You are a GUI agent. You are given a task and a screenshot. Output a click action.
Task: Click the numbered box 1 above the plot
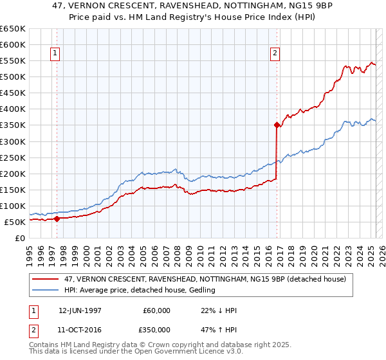[55, 54]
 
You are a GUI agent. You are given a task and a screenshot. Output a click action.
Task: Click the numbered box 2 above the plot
[275, 54]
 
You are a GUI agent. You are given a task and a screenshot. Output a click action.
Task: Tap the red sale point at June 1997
[57, 219]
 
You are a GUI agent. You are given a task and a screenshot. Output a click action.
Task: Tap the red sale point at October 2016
[277, 125]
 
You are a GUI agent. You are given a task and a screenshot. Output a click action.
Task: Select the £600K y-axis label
[13, 44]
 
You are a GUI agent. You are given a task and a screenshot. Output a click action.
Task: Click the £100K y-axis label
[13, 206]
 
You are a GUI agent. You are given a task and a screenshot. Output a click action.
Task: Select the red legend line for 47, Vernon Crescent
[46, 279]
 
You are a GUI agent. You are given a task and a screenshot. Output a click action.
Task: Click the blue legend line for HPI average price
[46, 291]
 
